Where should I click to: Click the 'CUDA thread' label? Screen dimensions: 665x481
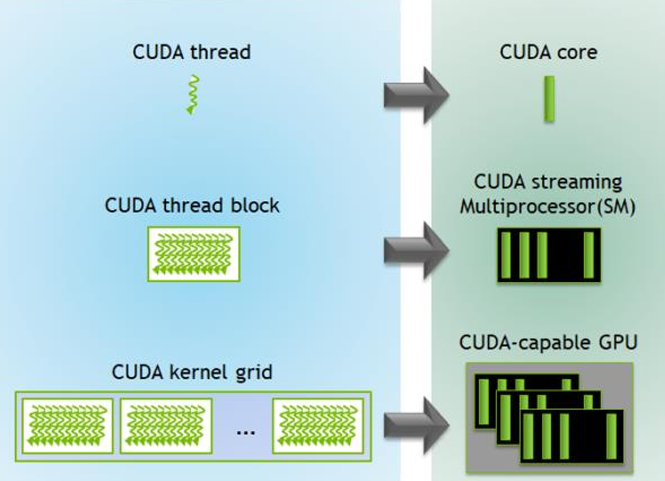pyautogui.click(x=192, y=52)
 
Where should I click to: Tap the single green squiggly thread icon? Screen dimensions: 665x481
pyautogui.click(x=193, y=95)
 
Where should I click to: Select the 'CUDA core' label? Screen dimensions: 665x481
pyautogui.click(x=548, y=52)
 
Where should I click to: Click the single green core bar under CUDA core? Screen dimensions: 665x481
pyautogui.click(x=549, y=99)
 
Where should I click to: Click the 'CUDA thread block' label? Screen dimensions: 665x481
pyautogui.click(x=192, y=205)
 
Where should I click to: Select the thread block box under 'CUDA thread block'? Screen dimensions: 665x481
pyautogui.click(x=194, y=254)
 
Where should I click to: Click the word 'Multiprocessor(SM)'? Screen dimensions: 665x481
pyautogui.click(x=548, y=207)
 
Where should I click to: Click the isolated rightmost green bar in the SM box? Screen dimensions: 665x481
pyautogui.click(x=589, y=255)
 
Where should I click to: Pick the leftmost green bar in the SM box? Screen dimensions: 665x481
pyautogui.click(x=505, y=255)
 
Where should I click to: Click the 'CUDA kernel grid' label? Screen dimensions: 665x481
pyautogui.click(x=192, y=372)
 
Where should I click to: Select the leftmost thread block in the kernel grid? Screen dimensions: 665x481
pyautogui.click(x=68, y=426)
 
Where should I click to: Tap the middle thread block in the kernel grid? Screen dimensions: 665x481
pyautogui.click(x=166, y=426)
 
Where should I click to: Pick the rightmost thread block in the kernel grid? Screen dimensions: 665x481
pyautogui.click(x=318, y=426)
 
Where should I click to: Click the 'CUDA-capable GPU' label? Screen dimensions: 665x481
pyautogui.click(x=548, y=343)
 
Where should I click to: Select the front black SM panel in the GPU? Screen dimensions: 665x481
pyautogui.click(x=572, y=437)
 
